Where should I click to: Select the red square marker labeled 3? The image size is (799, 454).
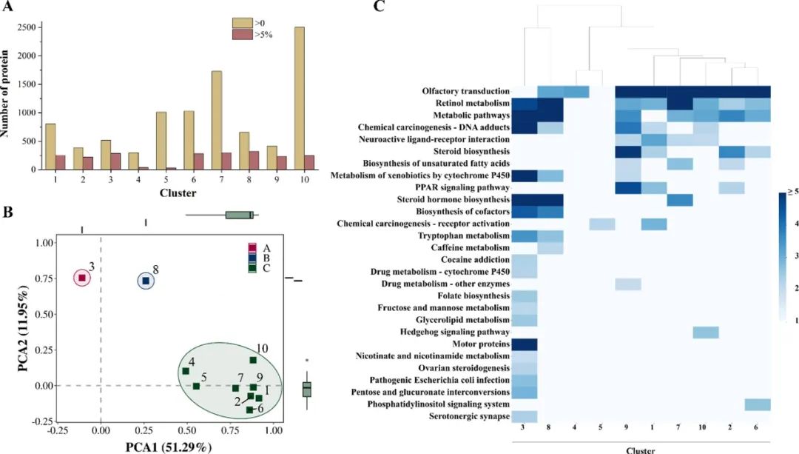[82, 278]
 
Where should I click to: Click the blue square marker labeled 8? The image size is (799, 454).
[146, 281]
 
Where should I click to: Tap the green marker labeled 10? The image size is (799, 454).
[253, 360]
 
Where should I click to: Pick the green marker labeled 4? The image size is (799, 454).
[186, 371]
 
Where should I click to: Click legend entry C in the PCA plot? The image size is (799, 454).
[252, 267]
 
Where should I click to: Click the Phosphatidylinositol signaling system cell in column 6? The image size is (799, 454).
[758, 404]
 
